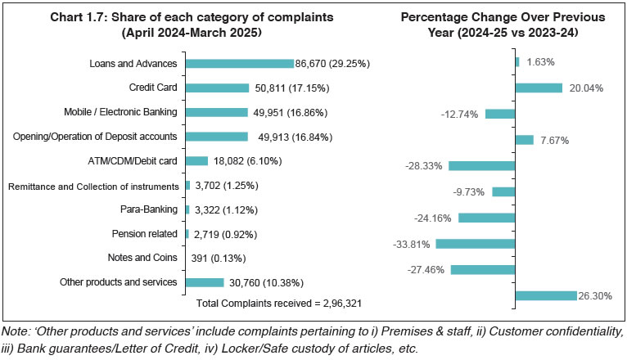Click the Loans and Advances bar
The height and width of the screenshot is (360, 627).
coord(239,63)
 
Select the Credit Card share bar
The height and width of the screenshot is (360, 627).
coord(217,88)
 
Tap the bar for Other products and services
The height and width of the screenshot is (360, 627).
coord(205,282)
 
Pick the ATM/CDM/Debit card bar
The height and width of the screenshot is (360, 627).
coord(196,161)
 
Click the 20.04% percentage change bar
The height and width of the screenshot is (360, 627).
coord(539,88)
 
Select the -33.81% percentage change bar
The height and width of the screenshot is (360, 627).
coord(476,243)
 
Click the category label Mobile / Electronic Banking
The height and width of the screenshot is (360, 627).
coord(122,112)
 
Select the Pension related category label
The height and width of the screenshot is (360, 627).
coord(144,234)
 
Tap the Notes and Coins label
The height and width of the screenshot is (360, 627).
coord(143,258)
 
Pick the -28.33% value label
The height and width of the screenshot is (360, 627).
coord(424,165)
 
